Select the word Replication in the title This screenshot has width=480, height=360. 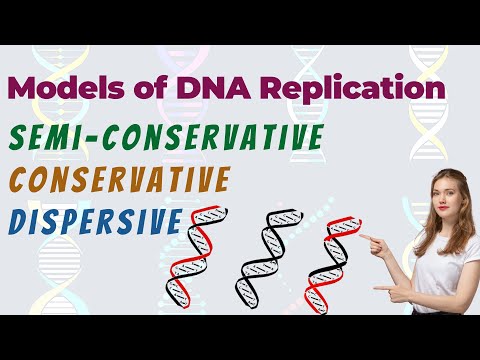point(359,90)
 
